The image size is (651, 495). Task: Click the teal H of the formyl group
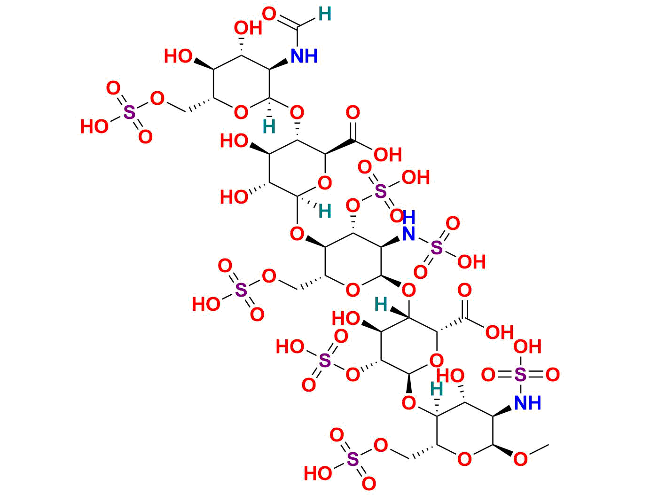pyautogui.click(x=324, y=15)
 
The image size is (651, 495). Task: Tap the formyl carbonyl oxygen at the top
pyautogui.click(x=269, y=14)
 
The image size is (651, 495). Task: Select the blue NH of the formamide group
pyautogui.click(x=304, y=56)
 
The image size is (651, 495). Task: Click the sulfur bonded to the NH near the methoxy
pyautogui.click(x=520, y=375)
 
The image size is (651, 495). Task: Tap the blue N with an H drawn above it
pyautogui.click(x=409, y=233)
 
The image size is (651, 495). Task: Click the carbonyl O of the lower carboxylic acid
pyautogui.click(x=464, y=290)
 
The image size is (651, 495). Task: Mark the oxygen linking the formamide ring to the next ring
pyautogui.click(x=297, y=113)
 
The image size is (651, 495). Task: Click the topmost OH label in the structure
pyautogui.click(x=248, y=28)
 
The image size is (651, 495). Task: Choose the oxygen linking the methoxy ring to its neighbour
pyautogui.click(x=409, y=402)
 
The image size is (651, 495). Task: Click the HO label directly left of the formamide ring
pyautogui.click(x=178, y=57)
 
